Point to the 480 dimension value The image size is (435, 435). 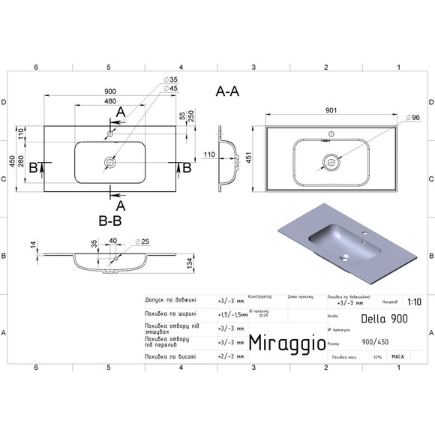point(110,102)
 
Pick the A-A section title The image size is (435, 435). point(227,92)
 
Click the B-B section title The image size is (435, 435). point(110,221)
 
